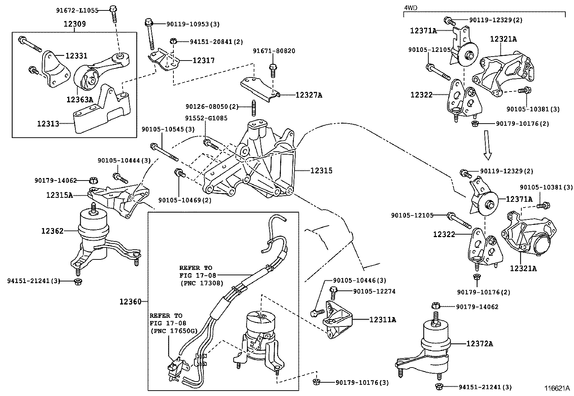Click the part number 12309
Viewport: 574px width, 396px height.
(75, 24)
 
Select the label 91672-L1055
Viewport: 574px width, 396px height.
(77, 10)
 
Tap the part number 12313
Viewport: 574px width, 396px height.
(48, 124)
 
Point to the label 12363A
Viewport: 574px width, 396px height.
(79, 99)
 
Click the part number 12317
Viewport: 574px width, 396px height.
(203, 60)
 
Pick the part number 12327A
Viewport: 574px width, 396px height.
(309, 95)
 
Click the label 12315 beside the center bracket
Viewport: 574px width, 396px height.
(321, 170)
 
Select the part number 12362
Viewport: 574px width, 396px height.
(52, 231)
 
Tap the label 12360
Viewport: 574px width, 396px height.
(131, 301)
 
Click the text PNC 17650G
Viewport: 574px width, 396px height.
(173, 331)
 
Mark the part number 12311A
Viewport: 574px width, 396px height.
(383, 320)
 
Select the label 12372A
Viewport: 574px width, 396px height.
(479, 344)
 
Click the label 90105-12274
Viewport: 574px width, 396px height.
(374, 291)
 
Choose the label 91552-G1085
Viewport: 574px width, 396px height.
(206, 118)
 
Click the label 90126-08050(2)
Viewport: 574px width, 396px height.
(212, 107)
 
